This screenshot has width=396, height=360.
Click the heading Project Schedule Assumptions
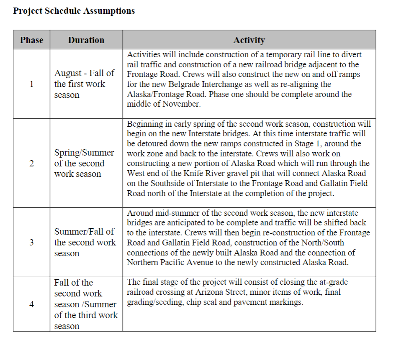pos(74,11)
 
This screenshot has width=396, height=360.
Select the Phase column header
pos(31,40)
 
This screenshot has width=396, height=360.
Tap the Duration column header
pos(86,40)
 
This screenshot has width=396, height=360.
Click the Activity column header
pos(249,40)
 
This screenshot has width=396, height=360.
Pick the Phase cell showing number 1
pos(31,84)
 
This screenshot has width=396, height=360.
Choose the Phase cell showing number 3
pos(31,243)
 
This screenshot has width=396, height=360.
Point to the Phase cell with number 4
pos(31,304)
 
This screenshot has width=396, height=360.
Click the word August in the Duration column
pos(68,73)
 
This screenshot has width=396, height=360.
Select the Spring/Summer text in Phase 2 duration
pos(84,153)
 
